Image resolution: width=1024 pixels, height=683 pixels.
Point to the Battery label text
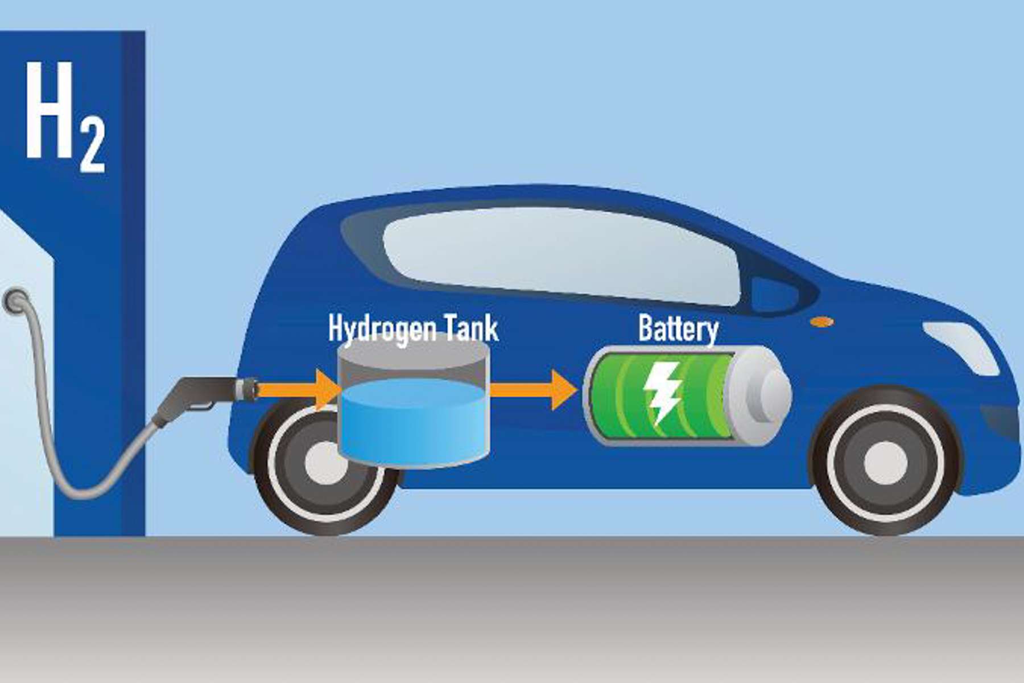coord(678,328)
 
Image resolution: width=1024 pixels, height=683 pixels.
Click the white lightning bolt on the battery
coord(661,393)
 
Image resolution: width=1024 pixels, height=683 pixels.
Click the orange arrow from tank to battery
coord(532,390)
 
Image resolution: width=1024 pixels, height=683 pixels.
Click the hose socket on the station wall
coord(16,301)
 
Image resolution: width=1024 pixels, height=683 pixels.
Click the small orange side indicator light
coord(821,322)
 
